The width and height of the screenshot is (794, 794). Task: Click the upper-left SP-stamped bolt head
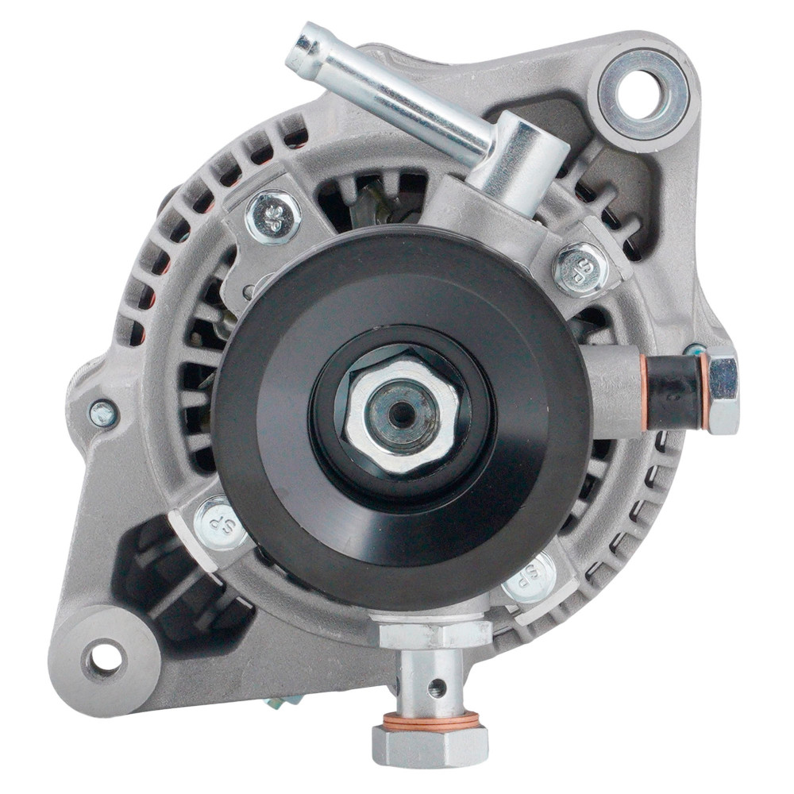(x=272, y=217)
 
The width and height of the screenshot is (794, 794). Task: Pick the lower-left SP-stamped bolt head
(x=221, y=523)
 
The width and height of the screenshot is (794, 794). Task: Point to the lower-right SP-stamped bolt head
(x=530, y=577)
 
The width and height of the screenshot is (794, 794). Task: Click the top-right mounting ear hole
(x=642, y=95)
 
